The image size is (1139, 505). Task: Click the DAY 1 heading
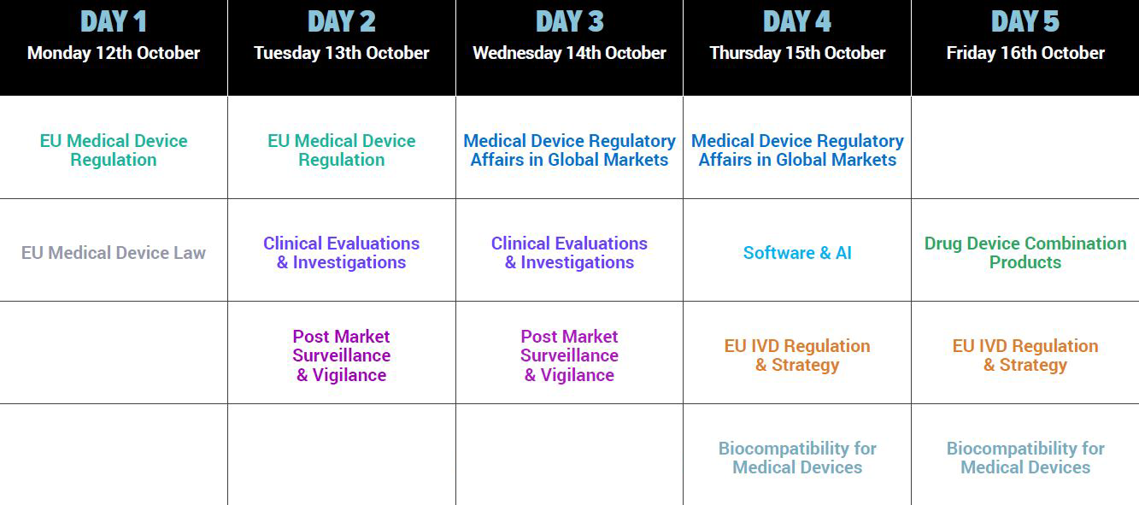[114, 22]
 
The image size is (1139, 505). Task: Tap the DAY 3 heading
[569, 22]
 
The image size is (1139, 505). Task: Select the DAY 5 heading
[1025, 22]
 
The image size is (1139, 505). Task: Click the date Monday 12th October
[114, 53]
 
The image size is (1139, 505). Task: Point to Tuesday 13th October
[341, 53]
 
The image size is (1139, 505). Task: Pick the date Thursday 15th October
[797, 53]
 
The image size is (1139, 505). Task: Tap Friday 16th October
[1025, 53]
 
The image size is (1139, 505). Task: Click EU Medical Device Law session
[114, 253]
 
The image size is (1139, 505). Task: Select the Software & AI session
[797, 253]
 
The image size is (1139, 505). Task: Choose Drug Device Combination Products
[1025, 253]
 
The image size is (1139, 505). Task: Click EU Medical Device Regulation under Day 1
[114, 150]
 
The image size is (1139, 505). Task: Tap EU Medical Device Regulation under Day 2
[341, 150]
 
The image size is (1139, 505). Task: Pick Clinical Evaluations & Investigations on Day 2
[341, 253]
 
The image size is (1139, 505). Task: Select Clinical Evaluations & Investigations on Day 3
[569, 253]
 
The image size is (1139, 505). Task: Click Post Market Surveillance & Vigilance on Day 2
[341, 355]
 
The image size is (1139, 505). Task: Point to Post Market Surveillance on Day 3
[569, 346]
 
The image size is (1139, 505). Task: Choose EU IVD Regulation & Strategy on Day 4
[797, 355]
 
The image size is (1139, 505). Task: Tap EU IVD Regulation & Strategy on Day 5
[1025, 355]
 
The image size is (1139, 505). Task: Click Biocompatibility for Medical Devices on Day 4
[797, 458]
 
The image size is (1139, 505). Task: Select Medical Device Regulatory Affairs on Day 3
[569, 150]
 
